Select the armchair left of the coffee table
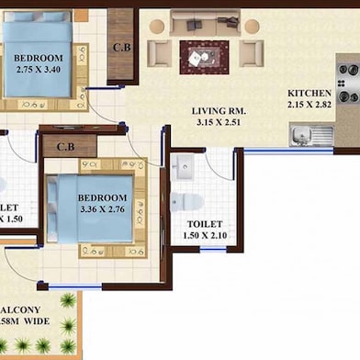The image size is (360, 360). (x=159, y=53)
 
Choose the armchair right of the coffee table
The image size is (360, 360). (x=251, y=53)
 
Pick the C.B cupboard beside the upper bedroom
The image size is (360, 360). (x=120, y=46)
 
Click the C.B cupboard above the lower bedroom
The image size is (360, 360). (x=66, y=145)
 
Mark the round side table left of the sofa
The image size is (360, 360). (x=156, y=25)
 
